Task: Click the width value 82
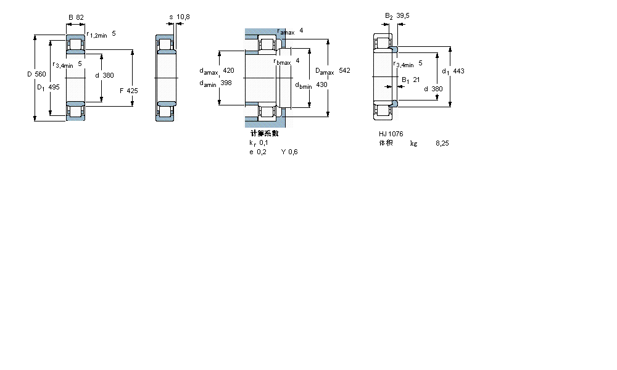pyautogui.click(x=80, y=17)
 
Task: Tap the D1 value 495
pyautogui.click(x=54, y=87)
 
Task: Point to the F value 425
pyautogui.click(x=132, y=91)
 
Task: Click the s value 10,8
pyautogui.click(x=183, y=17)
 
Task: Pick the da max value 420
pyautogui.click(x=228, y=71)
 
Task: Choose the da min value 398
pyautogui.click(x=226, y=83)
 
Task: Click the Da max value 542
pyautogui.click(x=344, y=71)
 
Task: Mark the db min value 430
pyautogui.click(x=321, y=84)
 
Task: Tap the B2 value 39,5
pyautogui.click(x=403, y=16)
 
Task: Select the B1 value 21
pyautogui.click(x=416, y=80)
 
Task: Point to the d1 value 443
pyautogui.click(x=458, y=71)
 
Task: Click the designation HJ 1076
pyautogui.click(x=391, y=134)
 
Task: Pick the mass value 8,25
pyautogui.click(x=442, y=143)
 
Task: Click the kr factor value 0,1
pyautogui.click(x=263, y=142)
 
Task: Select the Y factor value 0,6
pyautogui.click(x=294, y=152)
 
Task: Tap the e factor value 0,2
pyautogui.click(x=262, y=152)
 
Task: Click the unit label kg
pyautogui.click(x=413, y=143)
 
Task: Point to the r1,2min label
pyautogui.click(x=97, y=35)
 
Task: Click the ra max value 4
pyautogui.click(x=301, y=30)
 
